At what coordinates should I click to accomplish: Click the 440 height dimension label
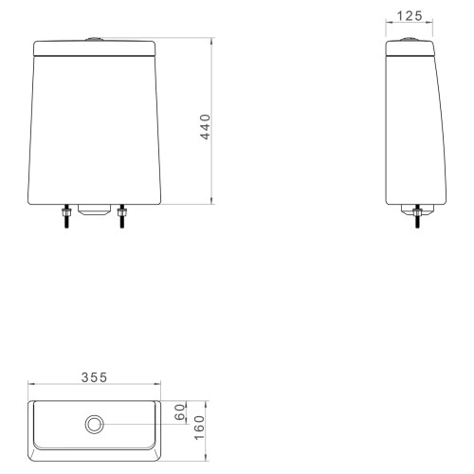206,127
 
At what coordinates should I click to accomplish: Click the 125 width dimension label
410,16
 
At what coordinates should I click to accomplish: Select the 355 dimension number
95,377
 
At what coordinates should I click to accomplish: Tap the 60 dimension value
180,412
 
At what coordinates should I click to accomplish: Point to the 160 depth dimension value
199,428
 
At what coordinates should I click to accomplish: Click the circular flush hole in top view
95,425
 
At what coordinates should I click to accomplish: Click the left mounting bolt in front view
66,216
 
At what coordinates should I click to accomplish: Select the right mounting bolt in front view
121,216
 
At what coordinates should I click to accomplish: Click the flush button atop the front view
95,39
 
